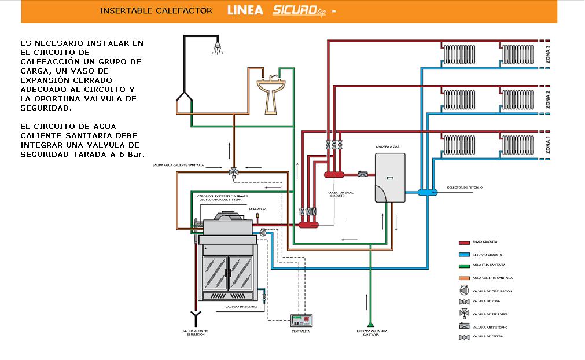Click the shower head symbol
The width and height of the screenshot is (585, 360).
click(x=218, y=46)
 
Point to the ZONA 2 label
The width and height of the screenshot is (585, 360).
click(x=547, y=100)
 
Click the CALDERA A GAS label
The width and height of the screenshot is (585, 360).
click(x=387, y=147)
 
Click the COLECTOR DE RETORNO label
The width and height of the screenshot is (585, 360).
click(x=465, y=188)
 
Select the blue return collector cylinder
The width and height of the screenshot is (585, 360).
click(x=428, y=191)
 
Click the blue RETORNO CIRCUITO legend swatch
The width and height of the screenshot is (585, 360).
click(x=463, y=255)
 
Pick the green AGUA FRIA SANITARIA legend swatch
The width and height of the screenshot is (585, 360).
click(x=463, y=266)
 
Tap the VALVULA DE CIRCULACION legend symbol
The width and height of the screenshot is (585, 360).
click(x=463, y=291)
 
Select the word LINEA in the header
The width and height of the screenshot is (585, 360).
click(x=245, y=10)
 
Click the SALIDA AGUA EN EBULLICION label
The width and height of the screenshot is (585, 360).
click(x=194, y=333)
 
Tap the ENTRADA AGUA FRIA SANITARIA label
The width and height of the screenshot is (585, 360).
click(x=371, y=333)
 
